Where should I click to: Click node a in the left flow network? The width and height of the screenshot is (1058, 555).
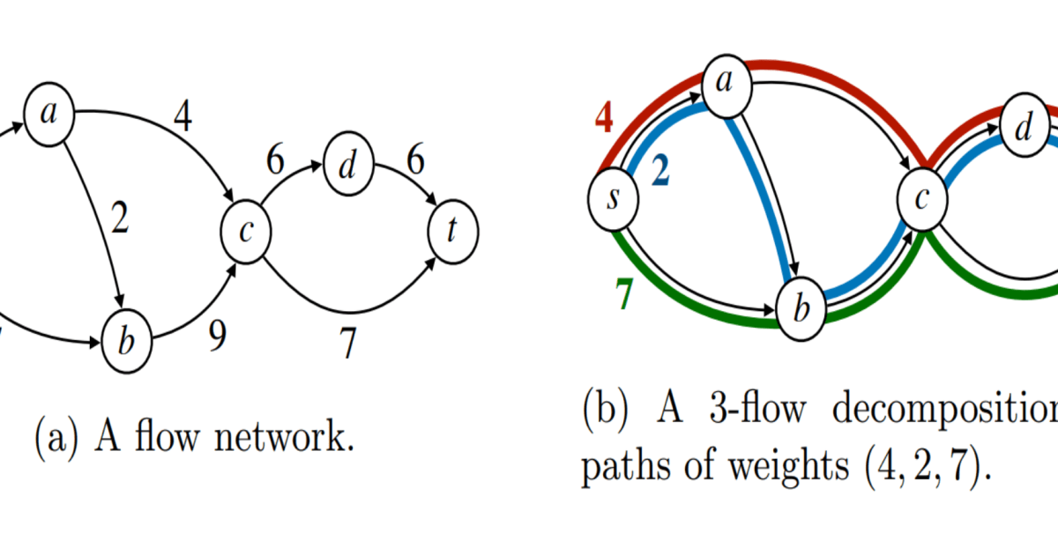coord(48,114)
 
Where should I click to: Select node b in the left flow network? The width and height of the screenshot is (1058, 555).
coord(128,340)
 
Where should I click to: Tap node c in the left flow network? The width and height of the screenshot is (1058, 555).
coord(246,231)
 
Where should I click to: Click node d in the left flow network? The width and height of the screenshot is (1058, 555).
coord(349,166)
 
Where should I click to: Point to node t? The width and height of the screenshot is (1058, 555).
coord(452,232)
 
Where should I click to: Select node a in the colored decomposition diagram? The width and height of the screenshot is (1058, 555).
coord(726,84)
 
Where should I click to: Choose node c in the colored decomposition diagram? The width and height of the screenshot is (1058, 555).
coord(921,199)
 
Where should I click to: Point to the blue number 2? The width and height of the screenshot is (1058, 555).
coord(659,174)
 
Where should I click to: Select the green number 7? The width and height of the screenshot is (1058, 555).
coord(623,296)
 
